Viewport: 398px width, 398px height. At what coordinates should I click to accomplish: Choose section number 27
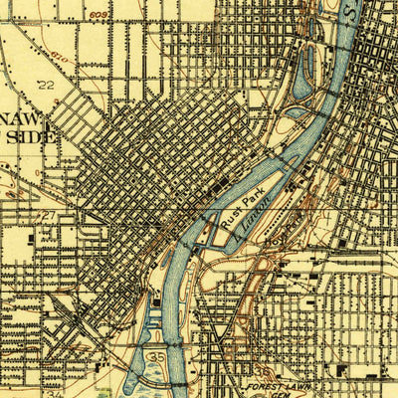[x=46, y=213]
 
